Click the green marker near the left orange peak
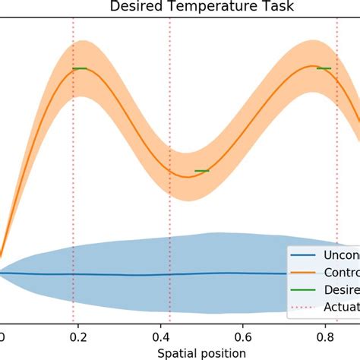(80, 68)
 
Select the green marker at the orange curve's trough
(201, 170)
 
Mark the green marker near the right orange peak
(324, 68)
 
